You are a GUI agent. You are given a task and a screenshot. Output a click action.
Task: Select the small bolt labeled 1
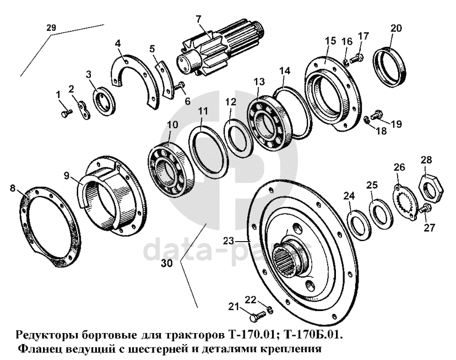(66, 113)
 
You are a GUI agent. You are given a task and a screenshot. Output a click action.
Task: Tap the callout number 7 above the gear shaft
(199, 19)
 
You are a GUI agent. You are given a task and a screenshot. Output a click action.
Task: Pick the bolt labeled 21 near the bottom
(258, 316)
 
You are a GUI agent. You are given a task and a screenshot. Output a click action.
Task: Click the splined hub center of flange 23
(292, 257)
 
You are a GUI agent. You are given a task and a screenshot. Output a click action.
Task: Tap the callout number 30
(167, 263)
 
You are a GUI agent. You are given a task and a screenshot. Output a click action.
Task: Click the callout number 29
(51, 28)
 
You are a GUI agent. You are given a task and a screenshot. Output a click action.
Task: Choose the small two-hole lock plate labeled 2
(84, 110)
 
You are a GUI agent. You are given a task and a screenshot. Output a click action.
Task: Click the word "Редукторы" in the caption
(46, 335)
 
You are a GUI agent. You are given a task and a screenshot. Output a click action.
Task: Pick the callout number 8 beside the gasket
(12, 188)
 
